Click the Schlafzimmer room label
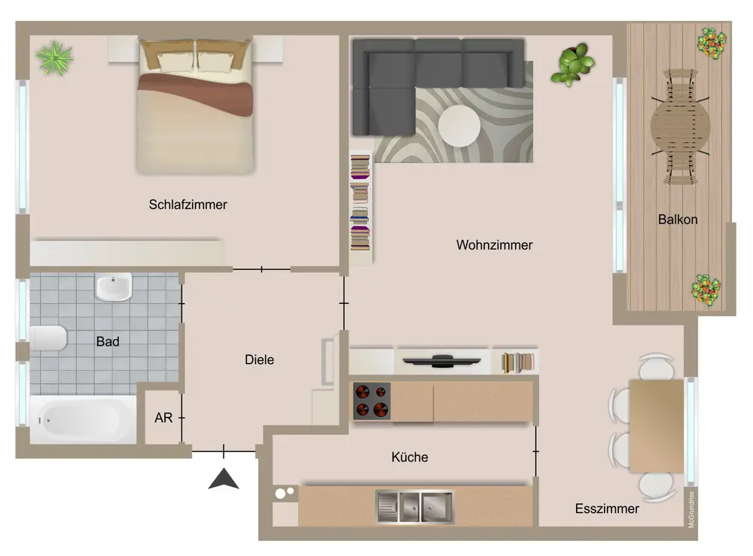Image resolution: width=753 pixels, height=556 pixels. [x=187, y=205]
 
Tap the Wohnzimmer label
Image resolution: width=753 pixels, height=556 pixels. [x=494, y=245]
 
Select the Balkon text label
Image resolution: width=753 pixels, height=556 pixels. [x=678, y=220]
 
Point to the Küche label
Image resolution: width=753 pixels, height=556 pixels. [x=410, y=457]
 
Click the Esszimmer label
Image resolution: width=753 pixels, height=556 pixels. [x=607, y=509]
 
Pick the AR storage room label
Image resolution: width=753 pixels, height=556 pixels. [x=163, y=418]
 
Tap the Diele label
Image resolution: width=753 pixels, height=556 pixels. [x=259, y=360]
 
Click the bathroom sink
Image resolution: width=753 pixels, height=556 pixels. [x=114, y=287]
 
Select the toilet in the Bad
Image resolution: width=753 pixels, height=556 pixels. [x=48, y=339]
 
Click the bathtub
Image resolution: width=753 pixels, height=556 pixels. [x=83, y=420]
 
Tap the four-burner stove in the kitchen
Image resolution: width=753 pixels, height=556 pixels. [x=372, y=401]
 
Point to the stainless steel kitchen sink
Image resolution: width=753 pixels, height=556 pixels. [x=414, y=506]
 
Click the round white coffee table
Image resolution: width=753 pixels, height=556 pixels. [x=459, y=126]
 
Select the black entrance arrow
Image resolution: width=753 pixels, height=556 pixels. [x=224, y=479]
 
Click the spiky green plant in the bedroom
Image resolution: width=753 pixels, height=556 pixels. [x=55, y=59]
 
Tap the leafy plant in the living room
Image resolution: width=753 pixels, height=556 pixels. [x=573, y=65]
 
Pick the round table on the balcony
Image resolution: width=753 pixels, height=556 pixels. [x=680, y=126]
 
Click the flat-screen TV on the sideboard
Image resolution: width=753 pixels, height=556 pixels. [x=442, y=360]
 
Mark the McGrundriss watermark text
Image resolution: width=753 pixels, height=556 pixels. [x=691, y=509]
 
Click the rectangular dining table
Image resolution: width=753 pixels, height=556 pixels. [x=657, y=426]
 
